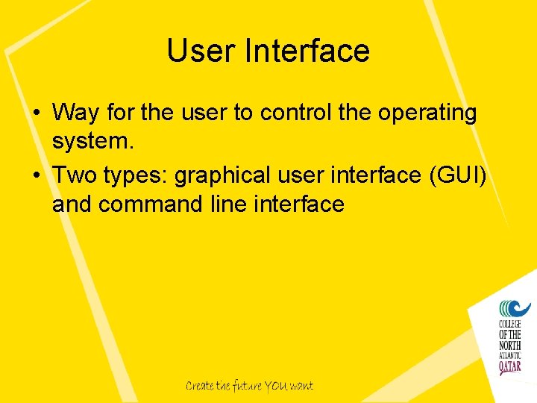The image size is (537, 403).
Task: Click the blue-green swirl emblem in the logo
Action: click(513, 308)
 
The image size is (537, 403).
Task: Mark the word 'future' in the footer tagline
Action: click(245, 386)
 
